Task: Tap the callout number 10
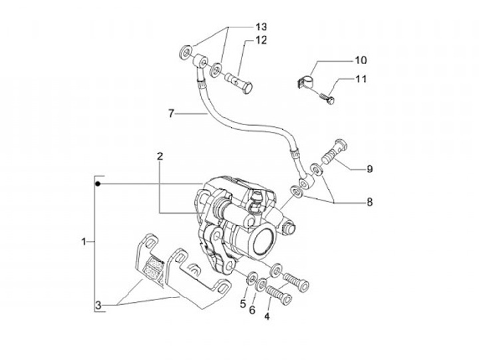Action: tap(360, 61)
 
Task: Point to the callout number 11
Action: tap(360, 79)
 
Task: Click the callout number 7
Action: tap(171, 114)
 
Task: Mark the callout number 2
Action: tap(160, 157)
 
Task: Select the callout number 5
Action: tap(243, 304)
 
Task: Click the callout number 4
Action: tap(267, 316)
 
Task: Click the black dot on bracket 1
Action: tap(98, 182)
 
